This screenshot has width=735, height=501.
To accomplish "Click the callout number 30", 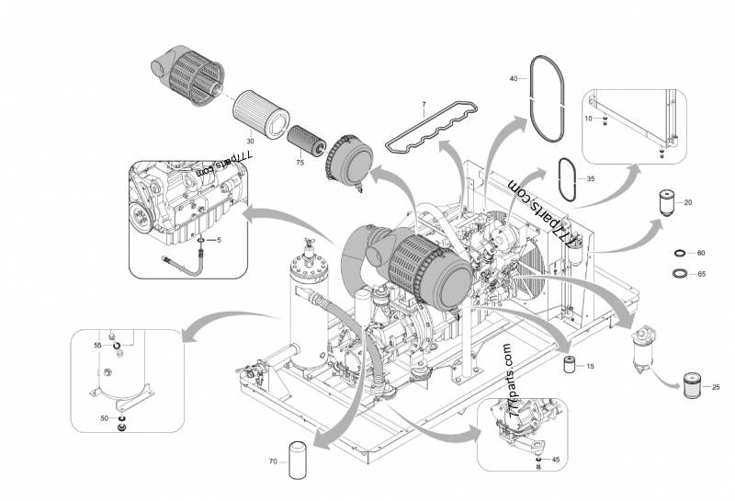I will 250,141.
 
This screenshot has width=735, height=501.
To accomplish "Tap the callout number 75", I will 300,162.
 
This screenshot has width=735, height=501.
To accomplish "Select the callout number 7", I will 424,106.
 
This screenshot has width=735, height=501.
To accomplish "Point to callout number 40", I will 514,80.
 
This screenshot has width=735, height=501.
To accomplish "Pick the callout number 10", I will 589,120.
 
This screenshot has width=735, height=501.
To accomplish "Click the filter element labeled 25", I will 695,386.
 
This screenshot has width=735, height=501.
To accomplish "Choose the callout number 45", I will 555,459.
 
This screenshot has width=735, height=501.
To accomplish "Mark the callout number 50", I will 104,418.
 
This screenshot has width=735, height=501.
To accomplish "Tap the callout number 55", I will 97,345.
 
